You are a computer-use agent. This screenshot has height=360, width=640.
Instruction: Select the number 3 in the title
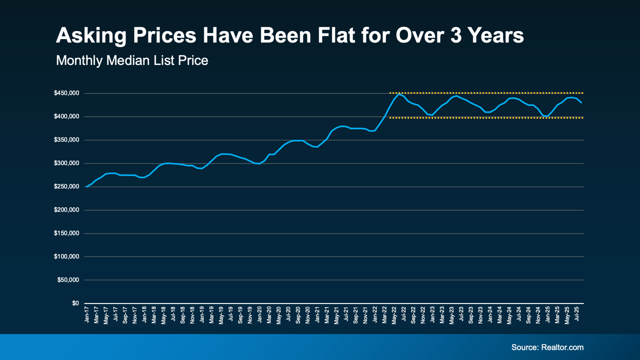pos(454,36)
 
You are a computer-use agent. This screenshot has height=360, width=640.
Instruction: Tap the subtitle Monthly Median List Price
pos(132,60)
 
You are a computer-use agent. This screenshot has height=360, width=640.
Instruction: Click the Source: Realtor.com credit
pos(547,347)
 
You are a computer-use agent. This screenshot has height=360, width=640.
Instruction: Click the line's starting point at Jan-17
pos(86,186)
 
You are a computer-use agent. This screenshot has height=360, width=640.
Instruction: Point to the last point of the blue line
pos(581,102)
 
